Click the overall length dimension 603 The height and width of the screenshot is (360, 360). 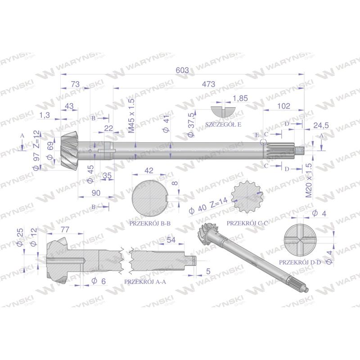[x=182, y=70]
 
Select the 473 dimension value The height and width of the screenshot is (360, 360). [x=208, y=84]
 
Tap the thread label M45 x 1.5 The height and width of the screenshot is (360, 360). [x=131, y=116]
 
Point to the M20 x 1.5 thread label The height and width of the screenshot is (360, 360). [x=309, y=180]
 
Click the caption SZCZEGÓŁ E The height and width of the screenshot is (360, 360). [x=223, y=125]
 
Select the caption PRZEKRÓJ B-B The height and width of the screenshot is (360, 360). [x=150, y=223]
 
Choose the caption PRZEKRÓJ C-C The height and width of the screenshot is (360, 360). [x=247, y=223]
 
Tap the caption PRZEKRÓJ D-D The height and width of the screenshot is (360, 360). [x=300, y=262]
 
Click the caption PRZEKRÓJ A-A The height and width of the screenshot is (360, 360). [x=145, y=282]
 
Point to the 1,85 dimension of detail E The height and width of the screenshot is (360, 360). [x=240, y=98]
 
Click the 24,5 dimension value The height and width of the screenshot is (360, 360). [x=321, y=126]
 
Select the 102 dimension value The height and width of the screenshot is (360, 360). [x=284, y=106]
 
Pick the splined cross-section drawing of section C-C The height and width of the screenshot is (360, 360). [x=247, y=197]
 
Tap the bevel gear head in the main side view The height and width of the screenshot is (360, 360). [x=70, y=151]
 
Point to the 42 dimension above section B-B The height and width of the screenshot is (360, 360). [x=149, y=171]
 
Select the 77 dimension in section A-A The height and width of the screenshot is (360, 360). [x=65, y=229]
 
